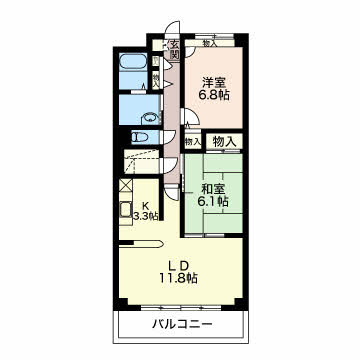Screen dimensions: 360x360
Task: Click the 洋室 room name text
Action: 215,82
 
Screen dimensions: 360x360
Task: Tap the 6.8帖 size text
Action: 215,97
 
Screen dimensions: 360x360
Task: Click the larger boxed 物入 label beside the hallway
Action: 225,143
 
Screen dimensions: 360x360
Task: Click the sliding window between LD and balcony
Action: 180,307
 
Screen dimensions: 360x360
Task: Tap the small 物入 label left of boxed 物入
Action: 192,142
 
